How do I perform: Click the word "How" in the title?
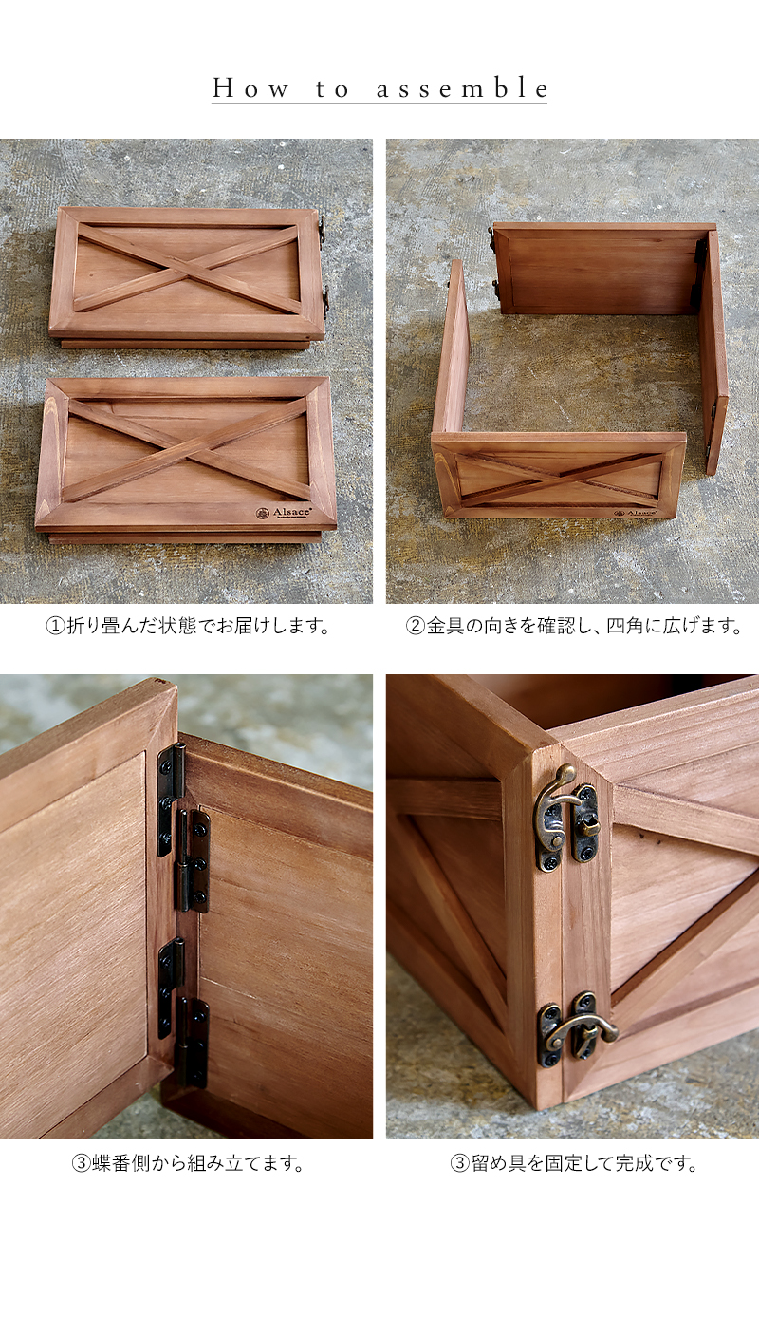pos(250,89)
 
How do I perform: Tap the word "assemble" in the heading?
pos(462,88)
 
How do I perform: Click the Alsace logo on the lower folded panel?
pos(284,513)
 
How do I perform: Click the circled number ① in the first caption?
pos(55,626)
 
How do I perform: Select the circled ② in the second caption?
pos(415,626)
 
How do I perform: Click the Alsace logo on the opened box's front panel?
pos(636,513)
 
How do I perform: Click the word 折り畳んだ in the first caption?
pos(112,626)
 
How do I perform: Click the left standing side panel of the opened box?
pos(452,348)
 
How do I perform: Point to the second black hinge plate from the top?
pos(194,861)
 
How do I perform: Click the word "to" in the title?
pos(333,89)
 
